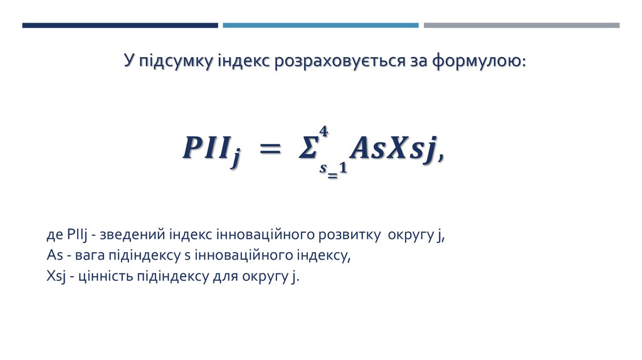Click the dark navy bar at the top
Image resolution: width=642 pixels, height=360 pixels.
(120, 26)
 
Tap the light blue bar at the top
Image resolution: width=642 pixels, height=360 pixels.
(320, 26)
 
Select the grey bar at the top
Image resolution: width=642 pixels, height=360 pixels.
(521, 26)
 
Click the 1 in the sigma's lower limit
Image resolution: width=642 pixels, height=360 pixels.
(343, 169)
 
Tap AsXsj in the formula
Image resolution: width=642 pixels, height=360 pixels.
(393, 149)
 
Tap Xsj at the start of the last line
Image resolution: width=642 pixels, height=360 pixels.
(57, 275)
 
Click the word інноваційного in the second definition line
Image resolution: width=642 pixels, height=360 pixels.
(236, 255)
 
